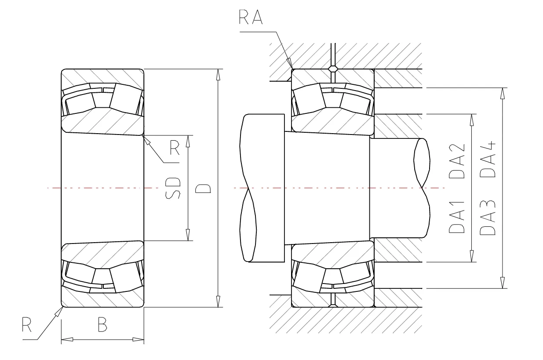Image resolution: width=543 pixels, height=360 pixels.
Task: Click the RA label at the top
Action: (251, 17)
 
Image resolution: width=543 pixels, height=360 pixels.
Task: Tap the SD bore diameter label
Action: (173, 189)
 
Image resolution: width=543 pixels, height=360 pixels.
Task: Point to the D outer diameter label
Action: (203, 189)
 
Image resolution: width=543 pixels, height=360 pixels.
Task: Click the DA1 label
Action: (457, 217)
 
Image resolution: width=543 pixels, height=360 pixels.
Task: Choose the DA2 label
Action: (457, 161)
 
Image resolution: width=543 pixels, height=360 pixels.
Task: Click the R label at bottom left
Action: (26, 324)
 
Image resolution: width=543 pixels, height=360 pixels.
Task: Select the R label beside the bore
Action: (174, 148)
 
